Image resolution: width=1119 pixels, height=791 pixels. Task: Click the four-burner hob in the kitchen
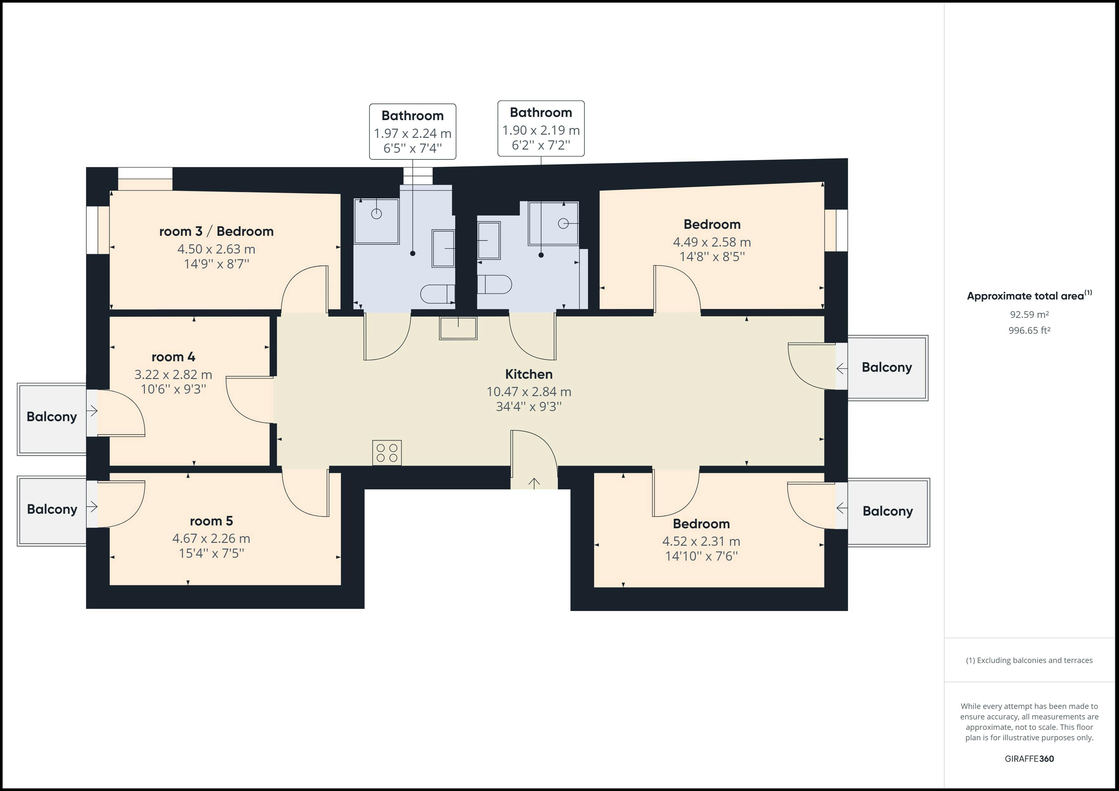click(387, 453)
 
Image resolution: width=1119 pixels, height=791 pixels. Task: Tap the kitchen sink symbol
click(458, 328)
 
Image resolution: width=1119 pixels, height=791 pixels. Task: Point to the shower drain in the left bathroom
click(376, 213)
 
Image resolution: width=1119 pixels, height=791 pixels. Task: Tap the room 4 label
click(173, 357)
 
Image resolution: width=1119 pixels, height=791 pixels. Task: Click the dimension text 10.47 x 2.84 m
click(529, 392)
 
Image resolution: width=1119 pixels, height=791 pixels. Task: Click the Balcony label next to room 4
click(52, 417)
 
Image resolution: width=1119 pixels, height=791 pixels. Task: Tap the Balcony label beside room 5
click(52, 510)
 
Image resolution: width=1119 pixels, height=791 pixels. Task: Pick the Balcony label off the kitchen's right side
click(887, 367)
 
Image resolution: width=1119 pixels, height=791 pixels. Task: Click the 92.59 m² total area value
click(1029, 315)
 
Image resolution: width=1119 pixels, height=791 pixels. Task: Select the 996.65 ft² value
click(1029, 330)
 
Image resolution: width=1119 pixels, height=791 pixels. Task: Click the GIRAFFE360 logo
click(1029, 758)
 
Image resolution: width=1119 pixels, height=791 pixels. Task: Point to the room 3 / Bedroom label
click(216, 231)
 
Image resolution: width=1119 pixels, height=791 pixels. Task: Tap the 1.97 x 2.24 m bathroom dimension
click(412, 133)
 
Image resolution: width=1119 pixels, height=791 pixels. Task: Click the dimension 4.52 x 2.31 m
click(701, 541)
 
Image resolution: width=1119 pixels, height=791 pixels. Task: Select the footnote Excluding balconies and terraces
click(1029, 660)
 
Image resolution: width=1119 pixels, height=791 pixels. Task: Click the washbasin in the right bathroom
click(488, 240)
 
